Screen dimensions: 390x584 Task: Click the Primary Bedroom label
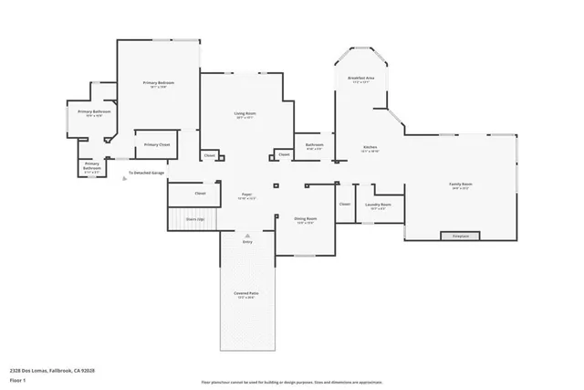pos(159,83)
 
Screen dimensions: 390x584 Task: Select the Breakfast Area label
pos(361,79)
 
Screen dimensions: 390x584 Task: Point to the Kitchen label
pos(370,147)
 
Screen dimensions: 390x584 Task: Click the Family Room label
pos(460,184)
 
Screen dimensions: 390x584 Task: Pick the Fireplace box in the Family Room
pos(461,236)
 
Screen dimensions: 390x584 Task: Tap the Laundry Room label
pos(379,205)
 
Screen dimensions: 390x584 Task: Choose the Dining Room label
pos(306,219)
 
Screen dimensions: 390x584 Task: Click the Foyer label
pos(246,195)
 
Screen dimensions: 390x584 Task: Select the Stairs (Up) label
pos(195,219)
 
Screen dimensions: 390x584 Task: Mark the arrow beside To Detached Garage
pos(124,177)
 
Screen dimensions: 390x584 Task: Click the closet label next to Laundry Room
pos(345,204)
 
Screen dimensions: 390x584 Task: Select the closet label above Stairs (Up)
pos(200,193)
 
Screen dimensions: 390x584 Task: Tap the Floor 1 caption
pos(17,377)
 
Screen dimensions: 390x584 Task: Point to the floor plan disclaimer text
pos(291,381)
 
